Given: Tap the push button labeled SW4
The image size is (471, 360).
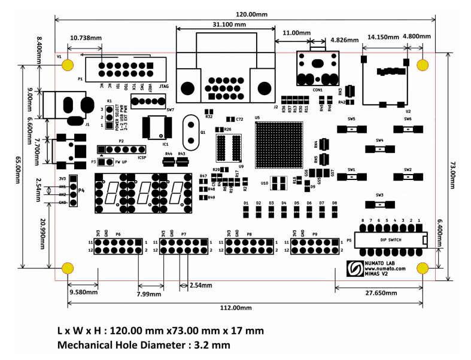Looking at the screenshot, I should coord(379,148).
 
